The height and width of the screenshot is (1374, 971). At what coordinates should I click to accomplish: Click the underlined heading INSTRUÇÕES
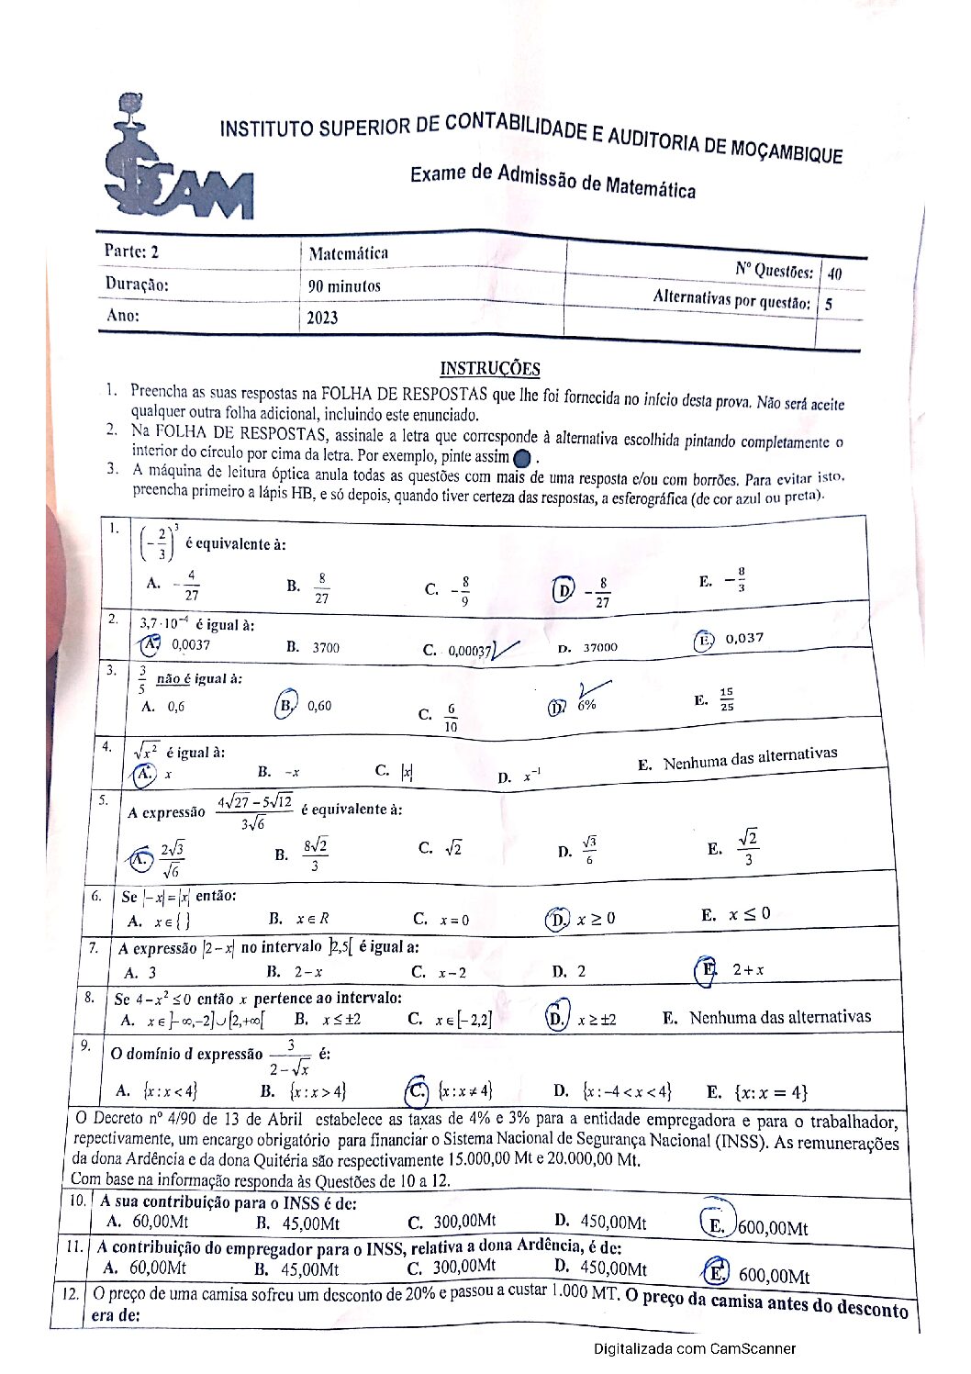click(489, 369)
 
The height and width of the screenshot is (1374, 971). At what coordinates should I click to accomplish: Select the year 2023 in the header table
click(322, 318)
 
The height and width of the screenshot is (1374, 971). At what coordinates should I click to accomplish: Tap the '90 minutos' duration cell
click(344, 286)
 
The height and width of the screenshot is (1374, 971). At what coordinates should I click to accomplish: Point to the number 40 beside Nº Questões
click(834, 274)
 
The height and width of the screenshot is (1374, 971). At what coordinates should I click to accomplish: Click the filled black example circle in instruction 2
click(522, 457)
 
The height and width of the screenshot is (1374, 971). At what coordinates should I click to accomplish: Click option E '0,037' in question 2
click(743, 638)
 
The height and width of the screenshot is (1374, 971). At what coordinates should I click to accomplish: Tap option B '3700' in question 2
click(325, 647)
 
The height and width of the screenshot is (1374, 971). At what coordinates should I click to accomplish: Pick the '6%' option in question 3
click(586, 705)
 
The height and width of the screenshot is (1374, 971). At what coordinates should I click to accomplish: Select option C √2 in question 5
click(452, 848)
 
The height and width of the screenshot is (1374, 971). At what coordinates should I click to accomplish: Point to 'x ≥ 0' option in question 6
click(596, 919)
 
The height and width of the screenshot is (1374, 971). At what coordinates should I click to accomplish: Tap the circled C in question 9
click(418, 1090)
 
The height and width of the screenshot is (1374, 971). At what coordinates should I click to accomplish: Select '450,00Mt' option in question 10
click(613, 1223)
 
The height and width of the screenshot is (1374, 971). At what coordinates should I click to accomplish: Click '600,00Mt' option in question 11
click(774, 1276)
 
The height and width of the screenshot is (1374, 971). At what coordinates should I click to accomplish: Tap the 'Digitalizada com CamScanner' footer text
click(694, 1348)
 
